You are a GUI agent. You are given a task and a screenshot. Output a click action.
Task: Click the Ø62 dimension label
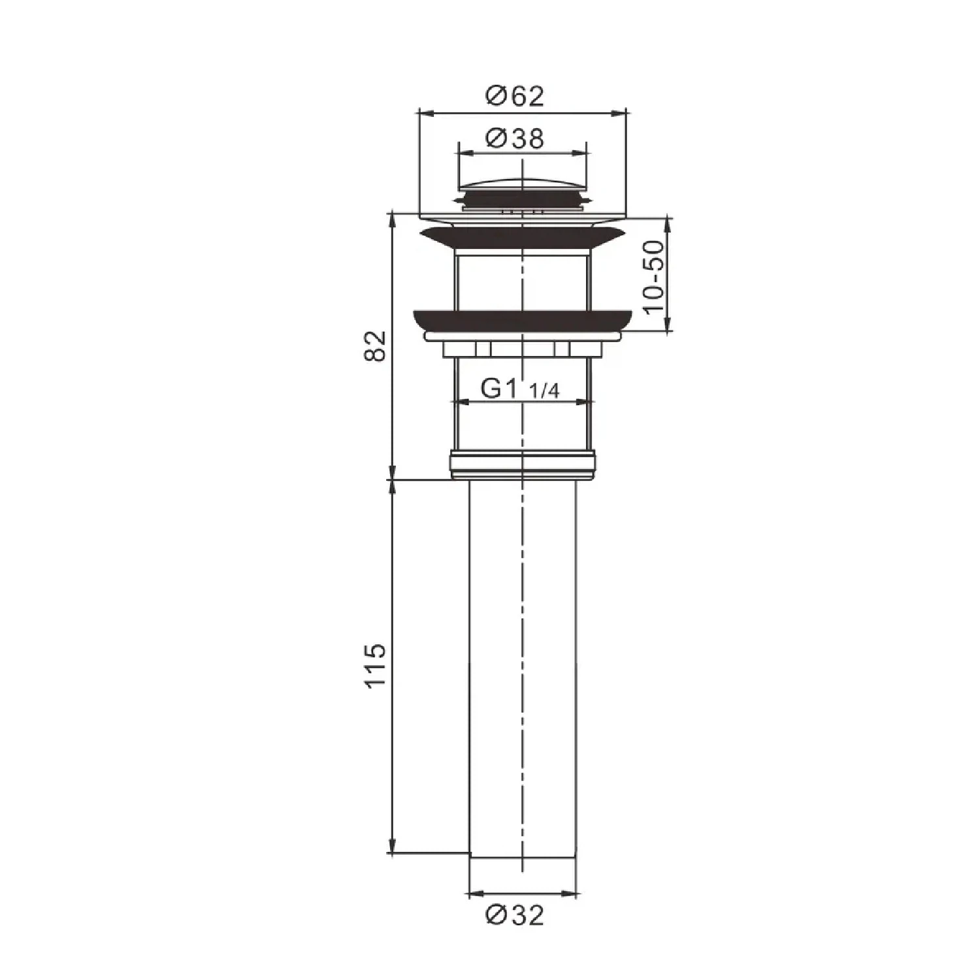point(514,97)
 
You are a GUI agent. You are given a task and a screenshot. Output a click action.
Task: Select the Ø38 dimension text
point(514,139)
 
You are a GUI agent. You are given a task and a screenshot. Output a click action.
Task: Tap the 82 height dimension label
point(376,346)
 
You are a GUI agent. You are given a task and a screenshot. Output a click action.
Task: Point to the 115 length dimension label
point(376,666)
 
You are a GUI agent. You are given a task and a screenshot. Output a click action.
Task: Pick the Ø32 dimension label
point(514,916)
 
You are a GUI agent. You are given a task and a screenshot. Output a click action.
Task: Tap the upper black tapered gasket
point(522,237)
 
